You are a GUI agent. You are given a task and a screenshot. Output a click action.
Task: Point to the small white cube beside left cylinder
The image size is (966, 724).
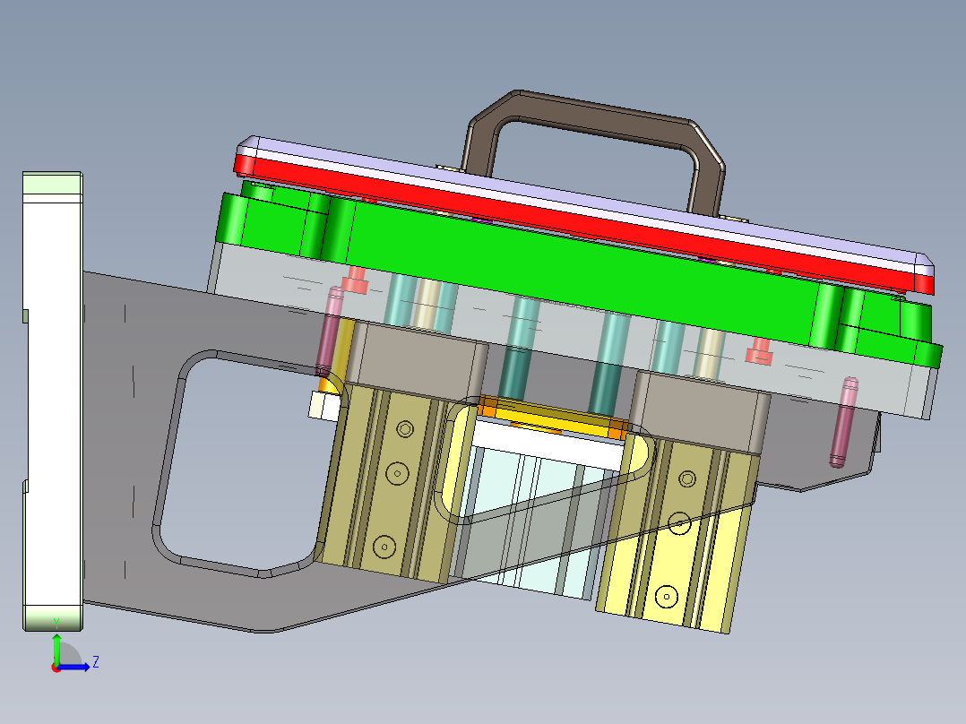pyautogui.click(x=321, y=405)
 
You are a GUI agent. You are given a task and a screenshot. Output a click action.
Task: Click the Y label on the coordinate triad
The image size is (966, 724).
pyautogui.click(x=56, y=622)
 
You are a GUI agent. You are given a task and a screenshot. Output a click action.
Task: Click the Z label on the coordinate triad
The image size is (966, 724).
pyautogui.click(x=95, y=662)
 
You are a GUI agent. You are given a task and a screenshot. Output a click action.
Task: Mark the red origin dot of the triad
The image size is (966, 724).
pyautogui.click(x=56, y=667)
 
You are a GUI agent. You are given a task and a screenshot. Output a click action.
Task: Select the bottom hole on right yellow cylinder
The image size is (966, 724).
pyautogui.click(x=664, y=594)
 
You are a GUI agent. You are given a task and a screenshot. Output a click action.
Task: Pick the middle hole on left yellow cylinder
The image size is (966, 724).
pyautogui.click(x=395, y=471)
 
